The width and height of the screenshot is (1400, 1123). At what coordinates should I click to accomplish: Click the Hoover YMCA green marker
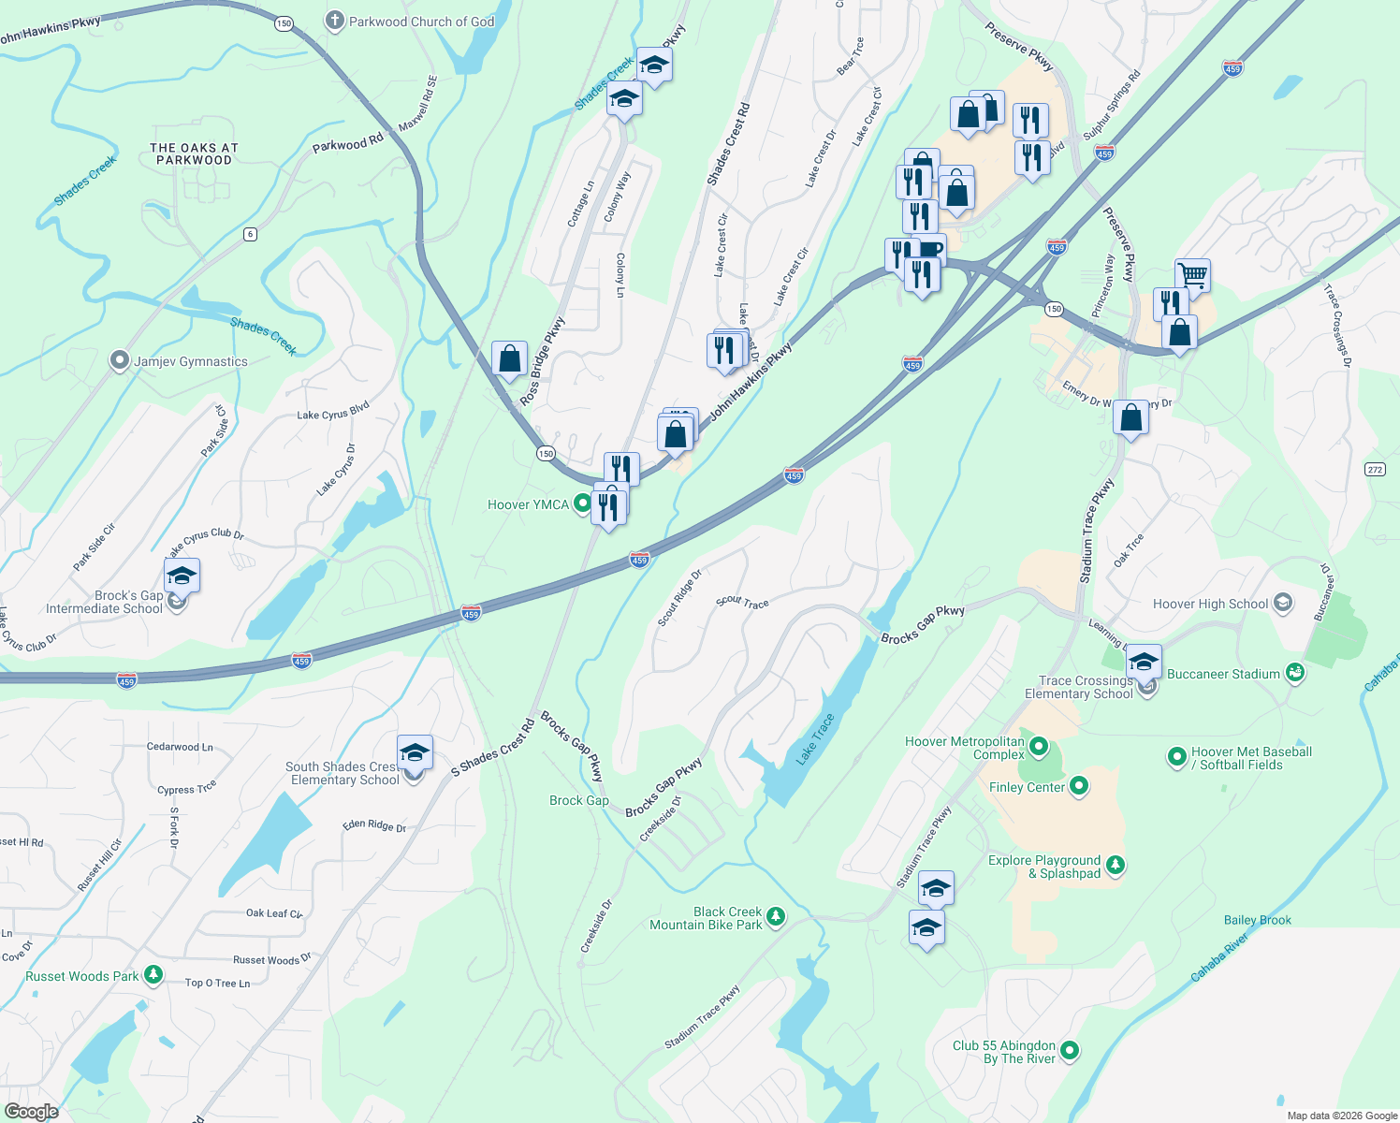pos(582,504)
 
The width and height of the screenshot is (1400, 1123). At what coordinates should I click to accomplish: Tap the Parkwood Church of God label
pos(421,22)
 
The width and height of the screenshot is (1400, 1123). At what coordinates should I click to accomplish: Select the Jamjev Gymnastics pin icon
pos(119,361)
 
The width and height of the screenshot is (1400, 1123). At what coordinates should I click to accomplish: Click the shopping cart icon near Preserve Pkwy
pos(1192,275)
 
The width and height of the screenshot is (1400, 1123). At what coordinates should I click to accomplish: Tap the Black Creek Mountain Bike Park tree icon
pos(776,917)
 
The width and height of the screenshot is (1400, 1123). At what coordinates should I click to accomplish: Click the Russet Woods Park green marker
pos(153,976)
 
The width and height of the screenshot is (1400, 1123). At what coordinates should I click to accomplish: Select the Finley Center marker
pos(1079,786)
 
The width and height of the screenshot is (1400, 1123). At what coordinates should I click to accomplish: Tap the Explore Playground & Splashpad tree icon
pos(1115,866)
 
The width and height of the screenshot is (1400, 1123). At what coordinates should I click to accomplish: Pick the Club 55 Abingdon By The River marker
pos(1070,1051)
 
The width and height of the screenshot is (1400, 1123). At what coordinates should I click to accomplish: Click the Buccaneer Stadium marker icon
pos(1294,673)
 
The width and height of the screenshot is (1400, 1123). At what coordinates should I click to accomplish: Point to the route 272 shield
pos(1375,470)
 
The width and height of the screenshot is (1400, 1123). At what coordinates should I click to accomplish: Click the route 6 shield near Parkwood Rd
pos(250,234)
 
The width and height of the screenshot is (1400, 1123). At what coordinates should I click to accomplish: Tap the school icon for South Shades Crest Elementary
pos(415,752)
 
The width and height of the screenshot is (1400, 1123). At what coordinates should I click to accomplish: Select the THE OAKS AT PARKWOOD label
pos(195,154)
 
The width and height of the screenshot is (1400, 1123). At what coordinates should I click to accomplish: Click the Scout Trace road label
pos(742,602)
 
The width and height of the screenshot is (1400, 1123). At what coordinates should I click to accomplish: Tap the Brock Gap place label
pos(578,800)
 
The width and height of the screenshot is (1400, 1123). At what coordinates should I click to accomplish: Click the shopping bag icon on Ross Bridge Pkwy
pos(509,358)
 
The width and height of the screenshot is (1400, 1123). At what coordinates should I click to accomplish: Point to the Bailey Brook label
pos(1257,920)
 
